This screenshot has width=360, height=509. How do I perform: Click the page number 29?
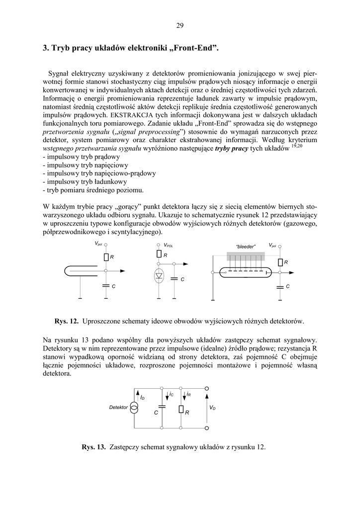180,26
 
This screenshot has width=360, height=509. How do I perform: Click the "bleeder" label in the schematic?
245,246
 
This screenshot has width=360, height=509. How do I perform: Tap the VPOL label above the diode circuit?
169,246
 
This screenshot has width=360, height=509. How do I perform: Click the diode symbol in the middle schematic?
159,275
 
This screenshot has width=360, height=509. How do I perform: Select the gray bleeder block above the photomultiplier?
246,256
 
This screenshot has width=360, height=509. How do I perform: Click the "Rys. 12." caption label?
67,321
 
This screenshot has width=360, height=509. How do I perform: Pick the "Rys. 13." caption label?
94,447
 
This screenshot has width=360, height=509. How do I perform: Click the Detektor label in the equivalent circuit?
118,408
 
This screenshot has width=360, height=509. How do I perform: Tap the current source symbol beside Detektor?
134,408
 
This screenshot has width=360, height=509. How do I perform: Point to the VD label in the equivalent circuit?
212,408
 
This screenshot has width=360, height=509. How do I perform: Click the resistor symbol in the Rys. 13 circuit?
180,410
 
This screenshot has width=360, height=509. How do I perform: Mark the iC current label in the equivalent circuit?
171,394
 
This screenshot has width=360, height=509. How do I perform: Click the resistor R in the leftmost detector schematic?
106,257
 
